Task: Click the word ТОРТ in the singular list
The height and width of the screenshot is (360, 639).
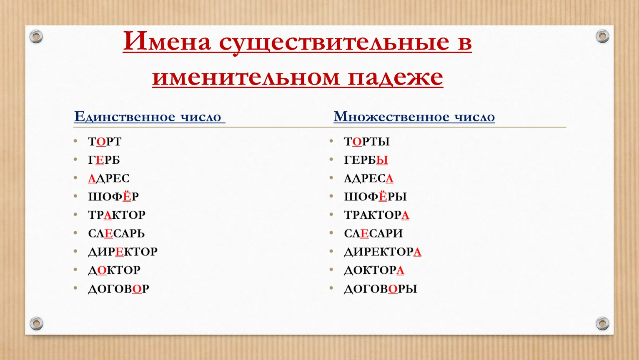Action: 105,142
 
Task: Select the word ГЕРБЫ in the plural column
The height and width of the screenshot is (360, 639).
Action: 366,160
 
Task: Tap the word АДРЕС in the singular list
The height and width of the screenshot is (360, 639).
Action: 109,179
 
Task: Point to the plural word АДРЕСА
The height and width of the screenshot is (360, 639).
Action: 368,179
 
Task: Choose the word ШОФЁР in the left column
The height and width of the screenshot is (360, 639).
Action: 113,196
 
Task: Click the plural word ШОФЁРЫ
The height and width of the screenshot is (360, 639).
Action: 376,196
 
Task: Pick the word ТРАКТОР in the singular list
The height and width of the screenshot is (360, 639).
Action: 117,215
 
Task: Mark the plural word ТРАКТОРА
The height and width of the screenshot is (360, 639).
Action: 376,215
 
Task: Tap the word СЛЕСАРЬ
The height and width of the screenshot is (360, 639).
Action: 116,234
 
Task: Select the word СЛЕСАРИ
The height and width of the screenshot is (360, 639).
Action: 373,234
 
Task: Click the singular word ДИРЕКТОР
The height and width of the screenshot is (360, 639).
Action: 123,252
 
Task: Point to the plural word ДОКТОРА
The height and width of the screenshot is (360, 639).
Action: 374,270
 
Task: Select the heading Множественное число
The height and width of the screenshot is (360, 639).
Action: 414,117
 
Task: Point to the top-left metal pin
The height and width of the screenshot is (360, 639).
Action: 36,37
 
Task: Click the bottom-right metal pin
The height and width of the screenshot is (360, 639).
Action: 602,323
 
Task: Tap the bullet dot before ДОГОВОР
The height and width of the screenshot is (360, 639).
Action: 75,288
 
